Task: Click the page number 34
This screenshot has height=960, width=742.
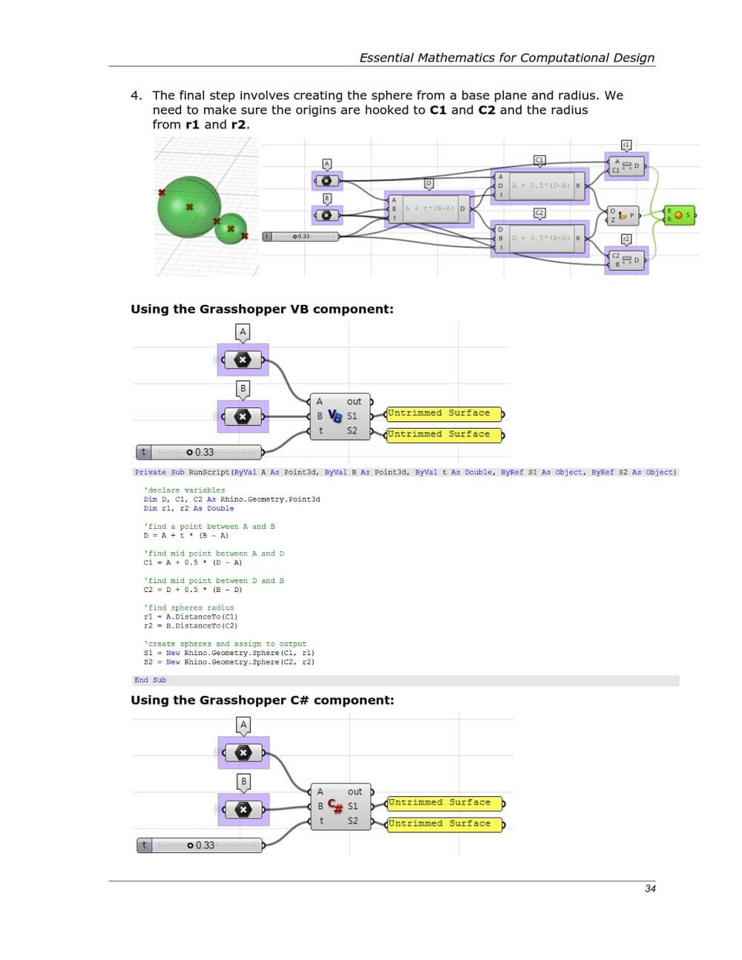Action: [650, 888]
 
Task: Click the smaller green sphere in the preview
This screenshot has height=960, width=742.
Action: [231, 229]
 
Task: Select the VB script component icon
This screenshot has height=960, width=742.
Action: [335, 416]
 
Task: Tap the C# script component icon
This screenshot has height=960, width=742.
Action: [335, 806]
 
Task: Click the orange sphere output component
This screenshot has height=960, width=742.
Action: [679, 215]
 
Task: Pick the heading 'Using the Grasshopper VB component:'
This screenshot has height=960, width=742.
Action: [262, 309]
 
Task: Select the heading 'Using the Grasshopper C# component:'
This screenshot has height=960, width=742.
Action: [262, 700]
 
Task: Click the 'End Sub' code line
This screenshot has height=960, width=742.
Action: [150, 680]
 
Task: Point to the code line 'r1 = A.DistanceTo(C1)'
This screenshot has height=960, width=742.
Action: [191, 617]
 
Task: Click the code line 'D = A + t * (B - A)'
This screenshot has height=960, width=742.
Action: [185, 536]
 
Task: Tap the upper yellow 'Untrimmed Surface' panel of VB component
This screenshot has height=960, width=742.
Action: [444, 413]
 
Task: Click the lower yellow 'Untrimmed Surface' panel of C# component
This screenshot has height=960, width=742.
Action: [444, 823]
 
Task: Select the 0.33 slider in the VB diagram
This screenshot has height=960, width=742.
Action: [200, 452]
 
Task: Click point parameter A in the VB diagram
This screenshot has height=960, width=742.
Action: [243, 360]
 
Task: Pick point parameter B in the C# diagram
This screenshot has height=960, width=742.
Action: [243, 809]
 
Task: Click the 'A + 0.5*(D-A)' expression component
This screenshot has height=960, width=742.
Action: [540, 185]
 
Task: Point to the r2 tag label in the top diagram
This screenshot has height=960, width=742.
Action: [626, 239]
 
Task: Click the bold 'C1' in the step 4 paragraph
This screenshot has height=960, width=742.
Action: [438, 110]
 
